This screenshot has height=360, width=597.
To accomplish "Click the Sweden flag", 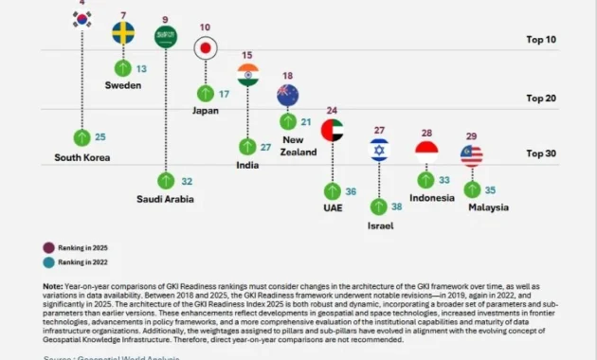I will (x=123, y=33).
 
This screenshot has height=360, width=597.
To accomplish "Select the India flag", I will (x=248, y=75).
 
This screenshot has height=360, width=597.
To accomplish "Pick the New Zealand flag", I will (x=288, y=95).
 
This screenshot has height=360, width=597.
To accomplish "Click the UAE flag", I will (x=332, y=130).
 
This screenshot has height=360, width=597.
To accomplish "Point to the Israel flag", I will (x=379, y=150).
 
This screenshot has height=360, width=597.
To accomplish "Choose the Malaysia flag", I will (x=471, y=155).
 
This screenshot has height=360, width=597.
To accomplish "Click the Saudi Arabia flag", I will (x=166, y=37).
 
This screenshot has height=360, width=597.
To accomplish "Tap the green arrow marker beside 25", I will (x=82, y=137).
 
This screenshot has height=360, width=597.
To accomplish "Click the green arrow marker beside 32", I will (x=166, y=180).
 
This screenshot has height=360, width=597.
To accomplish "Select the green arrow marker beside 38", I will (x=379, y=206).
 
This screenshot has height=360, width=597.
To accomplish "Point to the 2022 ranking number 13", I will (x=141, y=69).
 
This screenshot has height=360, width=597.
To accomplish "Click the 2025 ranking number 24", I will (x=332, y=111).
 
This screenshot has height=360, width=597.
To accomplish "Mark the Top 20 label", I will (x=541, y=98).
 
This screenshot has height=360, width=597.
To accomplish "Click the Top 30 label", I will (x=541, y=153).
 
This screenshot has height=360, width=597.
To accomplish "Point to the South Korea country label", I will (x=82, y=157).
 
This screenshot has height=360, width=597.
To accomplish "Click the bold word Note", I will (x=53, y=286).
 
